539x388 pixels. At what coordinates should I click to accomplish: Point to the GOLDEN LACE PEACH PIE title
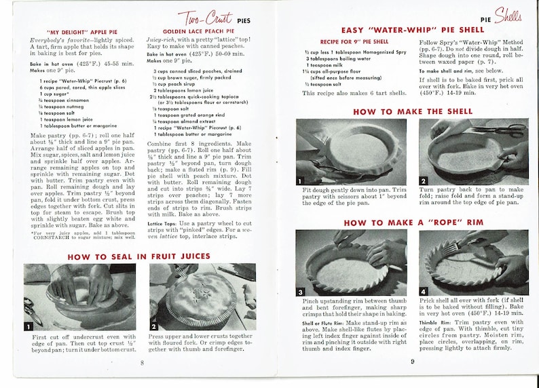(x=189, y=32)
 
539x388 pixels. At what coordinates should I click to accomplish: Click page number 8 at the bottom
(x=141, y=363)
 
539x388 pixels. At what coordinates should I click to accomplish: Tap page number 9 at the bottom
(x=411, y=361)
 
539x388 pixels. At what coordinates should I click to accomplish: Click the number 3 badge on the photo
(x=301, y=292)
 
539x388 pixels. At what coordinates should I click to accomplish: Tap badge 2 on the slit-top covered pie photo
(x=154, y=326)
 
